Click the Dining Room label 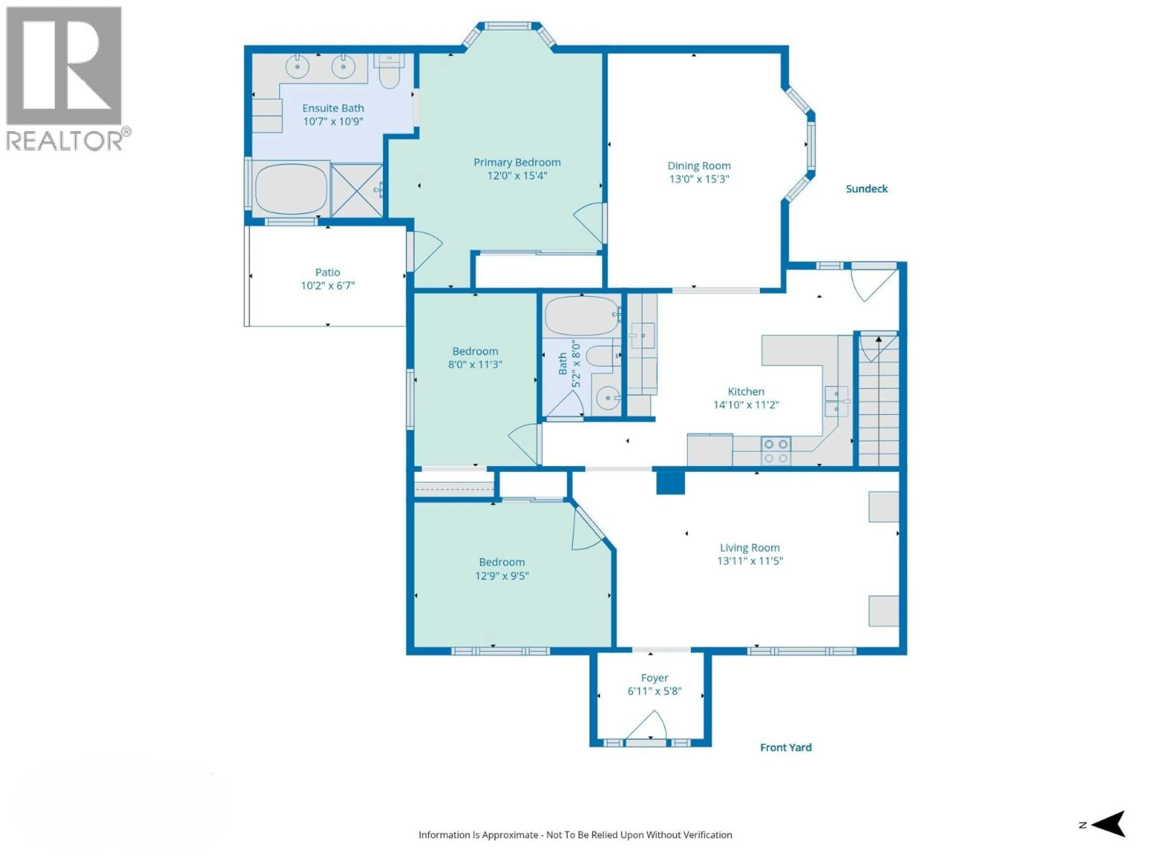click(699, 166)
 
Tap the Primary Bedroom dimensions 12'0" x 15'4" click(517, 175)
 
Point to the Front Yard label click(786, 747)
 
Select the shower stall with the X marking click(357, 190)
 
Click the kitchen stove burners click(775, 451)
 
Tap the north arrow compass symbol click(1108, 824)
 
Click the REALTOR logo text click(65, 141)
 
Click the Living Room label click(749, 547)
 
